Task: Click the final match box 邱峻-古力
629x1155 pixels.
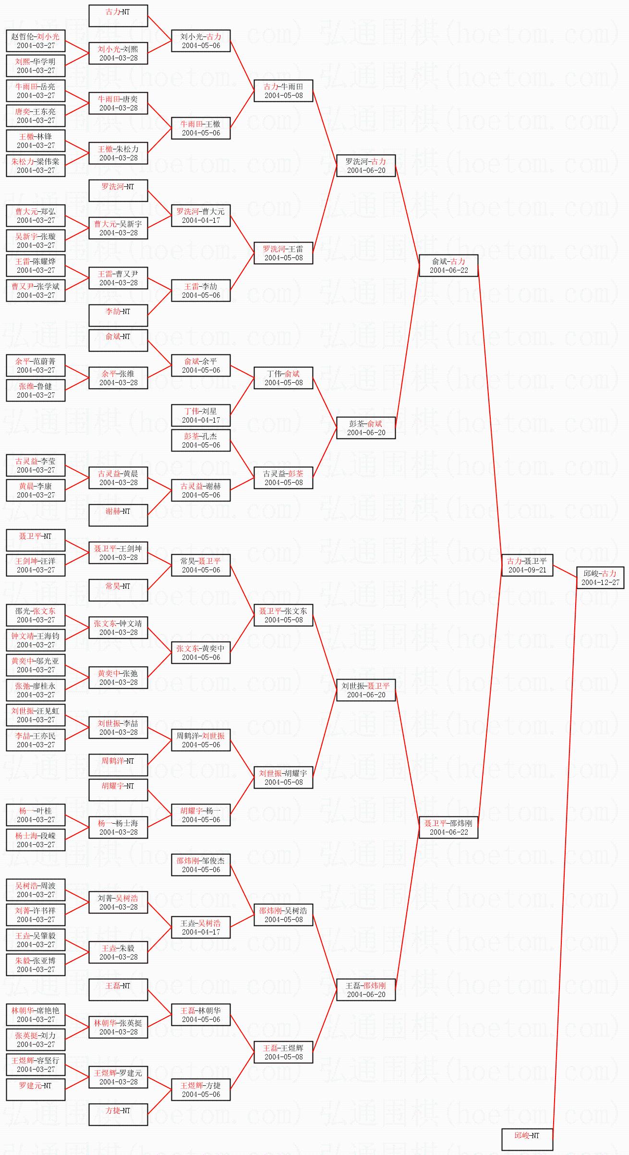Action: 600,577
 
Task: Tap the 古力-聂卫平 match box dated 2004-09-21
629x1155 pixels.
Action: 527,565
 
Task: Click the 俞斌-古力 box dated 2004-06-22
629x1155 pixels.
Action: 448,266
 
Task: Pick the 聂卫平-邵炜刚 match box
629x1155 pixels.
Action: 448,827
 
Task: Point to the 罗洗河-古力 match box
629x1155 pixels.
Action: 366,166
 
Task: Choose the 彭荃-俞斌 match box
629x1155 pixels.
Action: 366,428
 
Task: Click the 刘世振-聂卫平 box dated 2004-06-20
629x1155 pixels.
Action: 366,690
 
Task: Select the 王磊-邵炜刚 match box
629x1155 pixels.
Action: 366,989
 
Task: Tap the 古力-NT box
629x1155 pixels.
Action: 118,16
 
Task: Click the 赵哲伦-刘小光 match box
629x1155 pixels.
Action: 36,41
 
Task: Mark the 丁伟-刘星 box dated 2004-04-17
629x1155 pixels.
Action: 201,415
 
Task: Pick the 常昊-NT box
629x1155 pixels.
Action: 118,590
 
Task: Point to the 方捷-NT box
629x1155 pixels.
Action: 118,1114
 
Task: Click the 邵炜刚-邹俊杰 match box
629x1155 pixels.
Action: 201,864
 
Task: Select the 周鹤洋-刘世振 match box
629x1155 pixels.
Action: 201,740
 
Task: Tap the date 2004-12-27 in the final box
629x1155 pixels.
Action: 600,583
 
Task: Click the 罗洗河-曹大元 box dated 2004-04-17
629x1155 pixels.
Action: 201,216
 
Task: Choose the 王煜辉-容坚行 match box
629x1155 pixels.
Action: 36,1064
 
